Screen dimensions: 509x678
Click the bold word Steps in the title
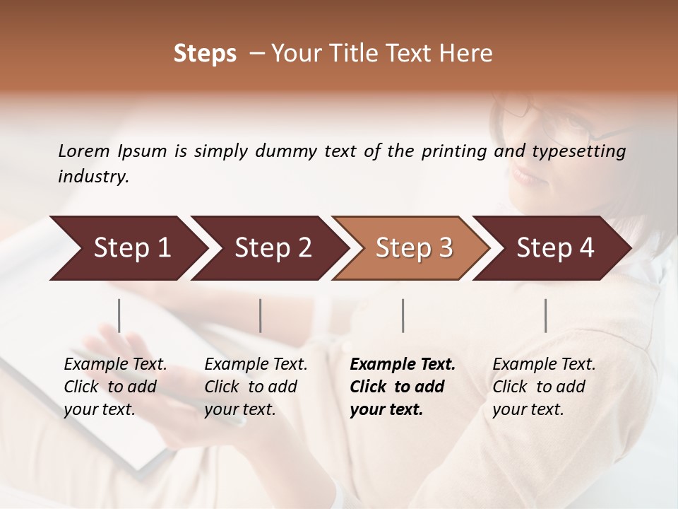click(205, 54)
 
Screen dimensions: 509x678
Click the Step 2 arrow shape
click(272, 248)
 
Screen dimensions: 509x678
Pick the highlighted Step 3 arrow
click(413, 248)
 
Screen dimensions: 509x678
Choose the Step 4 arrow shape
click(554, 248)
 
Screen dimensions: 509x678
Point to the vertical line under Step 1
click(119, 315)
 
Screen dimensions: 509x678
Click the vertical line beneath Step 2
click(261, 315)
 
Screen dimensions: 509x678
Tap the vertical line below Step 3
click(403, 315)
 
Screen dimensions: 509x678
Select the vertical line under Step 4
click(546, 315)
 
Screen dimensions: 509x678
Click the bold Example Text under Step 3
click(403, 365)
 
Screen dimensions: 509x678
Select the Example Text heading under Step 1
click(115, 365)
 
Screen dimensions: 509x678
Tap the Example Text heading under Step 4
click(544, 365)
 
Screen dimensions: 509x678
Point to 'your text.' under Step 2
click(239, 410)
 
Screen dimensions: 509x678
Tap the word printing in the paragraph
click(451, 151)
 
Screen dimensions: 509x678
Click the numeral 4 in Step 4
click(586, 248)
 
